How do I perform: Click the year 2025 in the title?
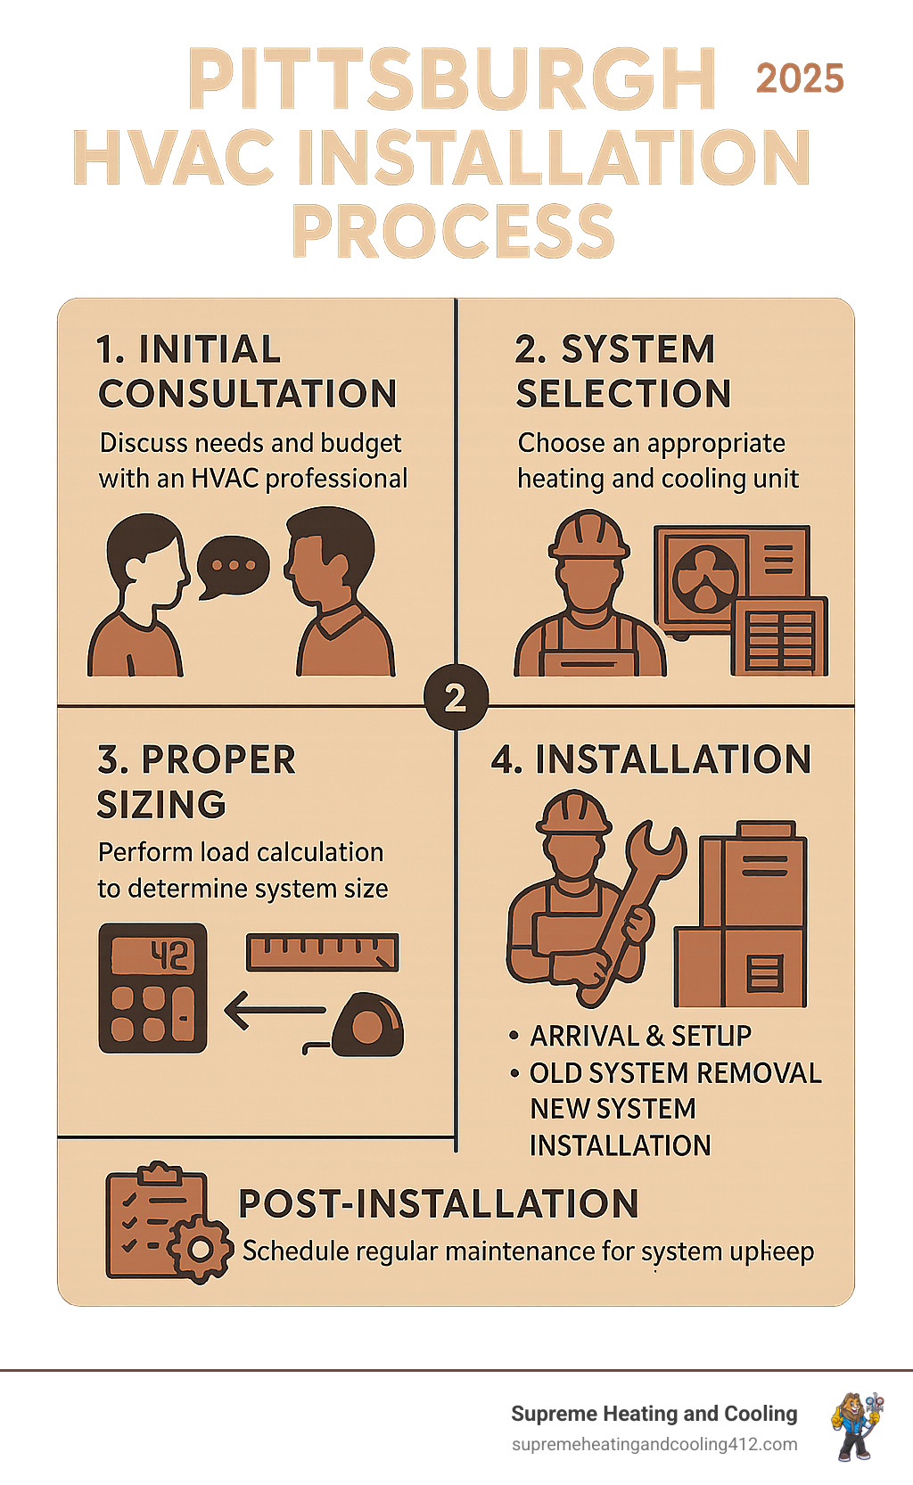point(800,79)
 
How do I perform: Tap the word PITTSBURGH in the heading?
point(452,79)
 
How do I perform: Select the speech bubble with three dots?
point(232,566)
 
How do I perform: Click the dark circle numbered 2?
point(456,697)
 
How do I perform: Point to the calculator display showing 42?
point(152,956)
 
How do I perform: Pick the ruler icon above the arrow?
point(322,952)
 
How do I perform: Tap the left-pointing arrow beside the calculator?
point(274,1011)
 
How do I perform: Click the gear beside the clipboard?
point(200,1250)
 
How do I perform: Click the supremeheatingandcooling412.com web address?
point(654,1444)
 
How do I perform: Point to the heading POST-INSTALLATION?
point(439,1203)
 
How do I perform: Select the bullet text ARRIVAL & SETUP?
point(640,1036)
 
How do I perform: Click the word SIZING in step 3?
point(161,805)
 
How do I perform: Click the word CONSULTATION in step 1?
point(248,394)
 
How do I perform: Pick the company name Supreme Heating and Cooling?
point(654,1414)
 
